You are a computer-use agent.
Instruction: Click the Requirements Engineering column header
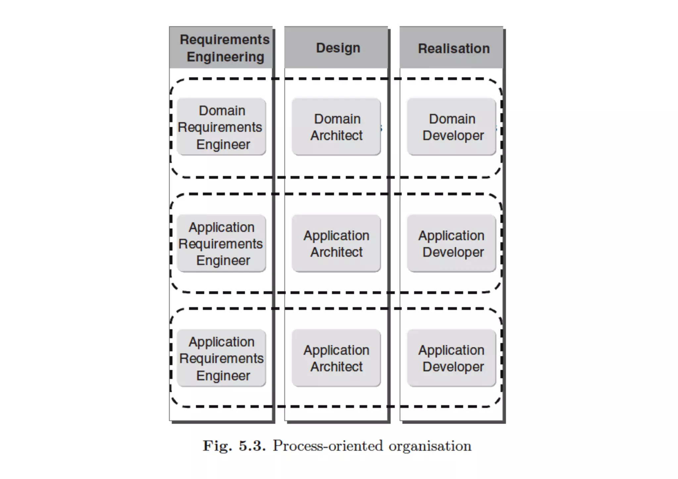(221, 48)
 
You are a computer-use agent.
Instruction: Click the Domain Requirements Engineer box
(221, 126)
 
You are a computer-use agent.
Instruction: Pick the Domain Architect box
(336, 126)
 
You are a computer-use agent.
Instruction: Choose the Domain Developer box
(451, 126)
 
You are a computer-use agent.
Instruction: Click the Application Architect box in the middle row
(336, 243)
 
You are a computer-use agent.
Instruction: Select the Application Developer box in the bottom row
(451, 358)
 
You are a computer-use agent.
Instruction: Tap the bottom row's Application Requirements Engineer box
(221, 358)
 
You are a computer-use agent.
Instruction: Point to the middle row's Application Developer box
(451, 243)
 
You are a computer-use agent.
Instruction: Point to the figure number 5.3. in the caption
(252, 446)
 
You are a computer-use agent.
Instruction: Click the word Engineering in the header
(225, 57)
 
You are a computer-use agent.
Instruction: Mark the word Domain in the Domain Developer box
(452, 119)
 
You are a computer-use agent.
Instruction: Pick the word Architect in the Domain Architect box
(336, 135)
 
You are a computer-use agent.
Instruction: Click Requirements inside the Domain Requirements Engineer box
(220, 127)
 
